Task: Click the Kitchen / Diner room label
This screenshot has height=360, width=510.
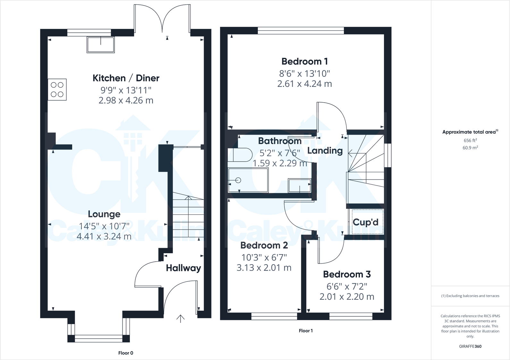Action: (x=126, y=78)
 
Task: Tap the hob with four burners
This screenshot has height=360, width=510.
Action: (x=57, y=89)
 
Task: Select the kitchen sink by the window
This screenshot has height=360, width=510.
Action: (x=100, y=45)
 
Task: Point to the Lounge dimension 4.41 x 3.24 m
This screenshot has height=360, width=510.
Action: (x=104, y=237)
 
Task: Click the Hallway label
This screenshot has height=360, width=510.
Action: (x=183, y=268)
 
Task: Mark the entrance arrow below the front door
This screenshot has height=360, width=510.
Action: (x=181, y=318)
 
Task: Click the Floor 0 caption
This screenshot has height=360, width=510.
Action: (x=125, y=353)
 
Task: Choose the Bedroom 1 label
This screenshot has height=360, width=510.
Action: (x=304, y=61)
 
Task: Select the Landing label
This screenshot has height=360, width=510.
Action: (x=325, y=150)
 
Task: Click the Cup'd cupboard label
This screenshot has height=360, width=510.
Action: (x=365, y=222)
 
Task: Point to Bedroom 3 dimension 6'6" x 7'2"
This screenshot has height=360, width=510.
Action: (x=346, y=286)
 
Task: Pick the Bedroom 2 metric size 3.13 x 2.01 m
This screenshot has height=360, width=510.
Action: (x=264, y=268)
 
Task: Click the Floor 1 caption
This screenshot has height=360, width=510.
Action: (x=305, y=331)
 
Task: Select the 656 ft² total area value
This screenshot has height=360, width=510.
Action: (x=470, y=140)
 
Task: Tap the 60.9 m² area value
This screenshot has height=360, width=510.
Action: (x=470, y=148)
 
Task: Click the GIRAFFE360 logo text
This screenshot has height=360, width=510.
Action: (x=470, y=346)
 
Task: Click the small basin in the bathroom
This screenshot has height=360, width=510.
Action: (x=300, y=186)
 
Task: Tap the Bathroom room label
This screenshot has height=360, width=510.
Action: (x=280, y=141)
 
